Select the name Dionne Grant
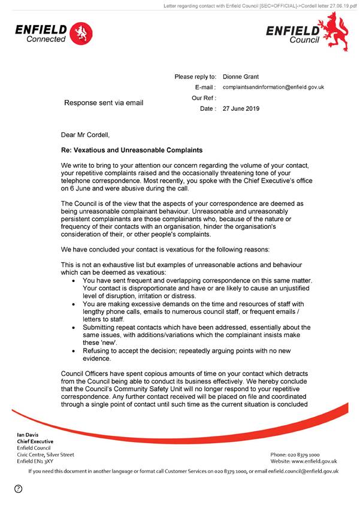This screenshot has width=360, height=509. [241, 77]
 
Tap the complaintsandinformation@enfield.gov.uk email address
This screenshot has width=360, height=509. [273, 87]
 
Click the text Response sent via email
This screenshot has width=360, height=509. [104, 103]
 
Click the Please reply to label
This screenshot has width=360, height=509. [195, 77]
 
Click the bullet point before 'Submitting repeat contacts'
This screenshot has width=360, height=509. [74, 328]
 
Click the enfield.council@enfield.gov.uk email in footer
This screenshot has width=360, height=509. [300, 471]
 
